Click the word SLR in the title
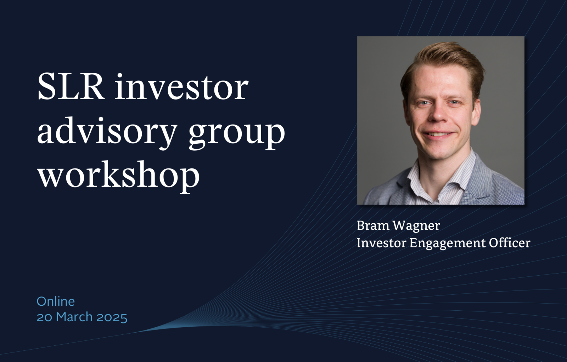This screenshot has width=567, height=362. (x=71, y=87)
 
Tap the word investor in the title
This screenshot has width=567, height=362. (x=181, y=87)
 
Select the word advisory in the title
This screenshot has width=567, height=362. (x=107, y=131)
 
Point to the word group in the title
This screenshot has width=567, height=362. (x=237, y=133)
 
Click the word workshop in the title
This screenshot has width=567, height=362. (x=118, y=175)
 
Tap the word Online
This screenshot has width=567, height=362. (x=56, y=301)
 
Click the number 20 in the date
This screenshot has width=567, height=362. (x=44, y=317)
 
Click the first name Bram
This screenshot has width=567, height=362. (x=373, y=225)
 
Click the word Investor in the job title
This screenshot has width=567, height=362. (x=381, y=243)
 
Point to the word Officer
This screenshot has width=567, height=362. (x=509, y=243)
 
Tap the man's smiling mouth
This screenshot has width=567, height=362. (x=438, y=134)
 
